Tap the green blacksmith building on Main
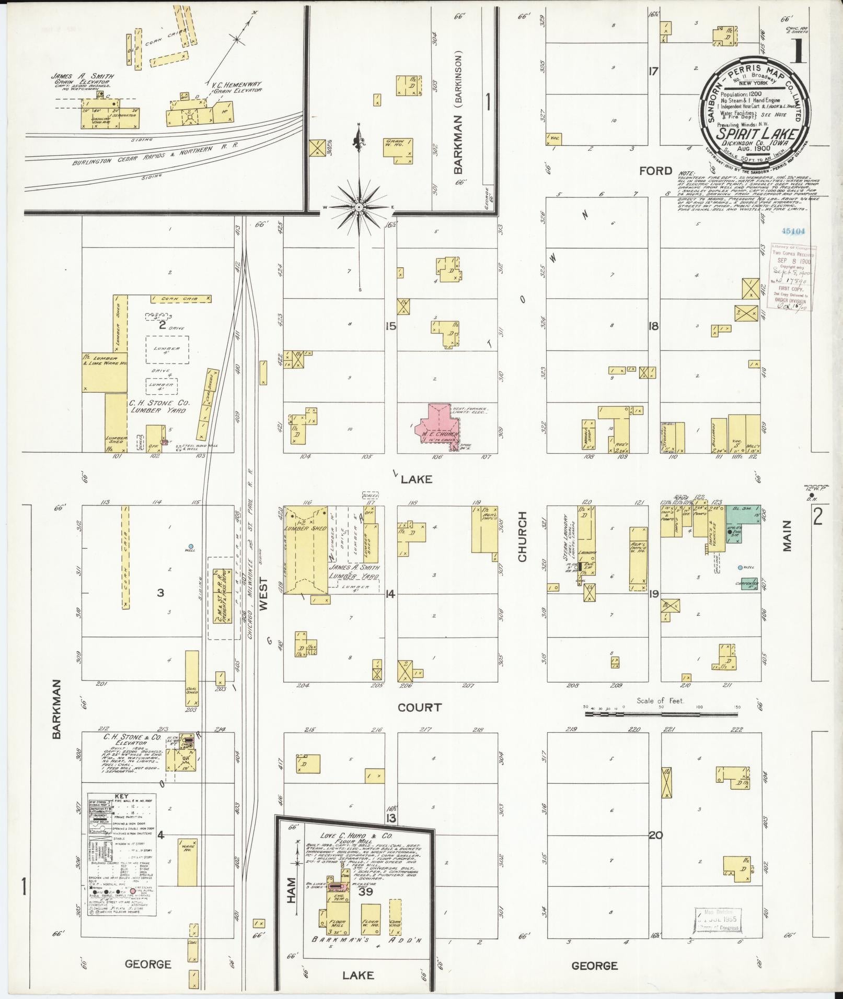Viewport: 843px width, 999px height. (x=743, y=522)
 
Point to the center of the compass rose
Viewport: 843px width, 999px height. (x=360, y=207)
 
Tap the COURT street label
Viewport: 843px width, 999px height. (x=419, y=708)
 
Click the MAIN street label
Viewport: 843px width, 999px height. (x=787, y=535)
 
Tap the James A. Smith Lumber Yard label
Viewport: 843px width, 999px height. (x=354, y=572)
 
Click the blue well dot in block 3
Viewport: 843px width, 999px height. (x=191, y=546)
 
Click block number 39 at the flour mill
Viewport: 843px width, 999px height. (x=365, y=907)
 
